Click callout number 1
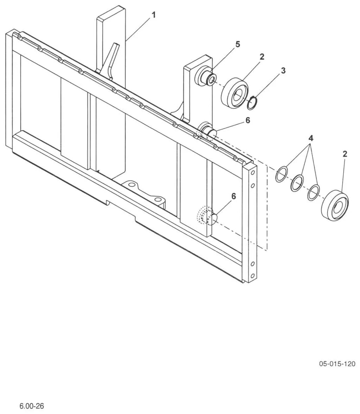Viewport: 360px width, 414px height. pos(154,15)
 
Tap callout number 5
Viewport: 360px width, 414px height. pos(238,44)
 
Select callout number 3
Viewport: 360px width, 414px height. pos(283,71)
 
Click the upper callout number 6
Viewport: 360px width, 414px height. pos(247,120)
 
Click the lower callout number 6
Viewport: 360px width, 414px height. pos(233,196)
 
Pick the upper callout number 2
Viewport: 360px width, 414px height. pos(262,56)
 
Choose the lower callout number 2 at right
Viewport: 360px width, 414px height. pos(345,154)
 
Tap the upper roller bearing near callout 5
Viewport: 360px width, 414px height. pos(235,92)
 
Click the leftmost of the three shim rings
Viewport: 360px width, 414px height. pos(282,174)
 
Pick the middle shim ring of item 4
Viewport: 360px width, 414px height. pos(297,183)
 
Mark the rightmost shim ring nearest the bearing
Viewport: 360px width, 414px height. pos(314,192)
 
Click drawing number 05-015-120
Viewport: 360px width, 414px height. pos(337,363)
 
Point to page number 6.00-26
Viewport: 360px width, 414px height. pos(32,406)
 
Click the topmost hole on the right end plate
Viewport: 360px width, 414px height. pos(253,173)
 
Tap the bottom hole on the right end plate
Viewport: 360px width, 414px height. pos(253,276)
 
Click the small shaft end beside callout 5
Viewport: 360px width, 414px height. pos(212,78)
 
